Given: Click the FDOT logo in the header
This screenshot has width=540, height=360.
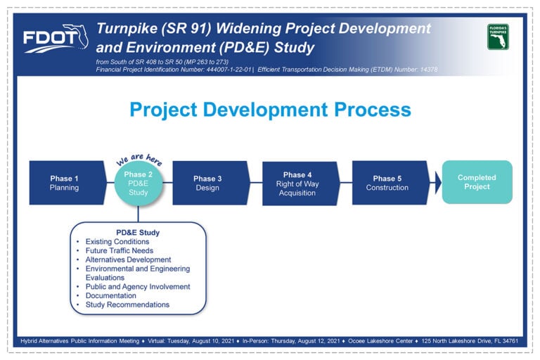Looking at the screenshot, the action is (56, 38).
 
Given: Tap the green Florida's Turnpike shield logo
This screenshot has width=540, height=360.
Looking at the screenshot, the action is (498, 37).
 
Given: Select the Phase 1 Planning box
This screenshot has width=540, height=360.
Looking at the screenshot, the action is (67, 183).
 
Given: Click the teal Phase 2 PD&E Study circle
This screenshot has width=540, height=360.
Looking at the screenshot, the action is (138, 183).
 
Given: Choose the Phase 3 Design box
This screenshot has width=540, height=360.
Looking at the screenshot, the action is (211, 183).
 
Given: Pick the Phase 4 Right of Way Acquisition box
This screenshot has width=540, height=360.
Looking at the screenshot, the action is (301, 184).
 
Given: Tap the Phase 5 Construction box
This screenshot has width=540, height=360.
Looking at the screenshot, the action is (391, 183).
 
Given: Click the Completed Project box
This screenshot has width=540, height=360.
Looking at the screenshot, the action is (477, 182).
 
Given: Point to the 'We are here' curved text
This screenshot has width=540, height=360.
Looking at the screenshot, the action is (139, 159).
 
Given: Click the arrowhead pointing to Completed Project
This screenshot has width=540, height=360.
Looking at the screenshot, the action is (438, 183).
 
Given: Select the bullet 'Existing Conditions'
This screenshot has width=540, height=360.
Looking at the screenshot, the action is (117, 241).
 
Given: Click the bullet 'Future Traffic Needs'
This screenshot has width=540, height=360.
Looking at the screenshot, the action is (119, 250).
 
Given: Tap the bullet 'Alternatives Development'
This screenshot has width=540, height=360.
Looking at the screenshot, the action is (128, 259).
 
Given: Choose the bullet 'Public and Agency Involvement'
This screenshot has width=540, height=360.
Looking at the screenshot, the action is (138, 287).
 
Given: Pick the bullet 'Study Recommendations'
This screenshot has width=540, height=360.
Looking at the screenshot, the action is (127, 304).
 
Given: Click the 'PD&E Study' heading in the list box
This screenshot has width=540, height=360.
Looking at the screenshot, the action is (138, 233).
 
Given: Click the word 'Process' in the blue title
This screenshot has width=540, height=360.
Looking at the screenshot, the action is (373, 110).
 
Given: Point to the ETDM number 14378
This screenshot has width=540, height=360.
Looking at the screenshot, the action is (429, 70).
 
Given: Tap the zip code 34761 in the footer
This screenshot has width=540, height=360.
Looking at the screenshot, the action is (510, 341).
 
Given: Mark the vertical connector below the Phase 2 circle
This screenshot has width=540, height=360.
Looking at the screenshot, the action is (138, 214).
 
